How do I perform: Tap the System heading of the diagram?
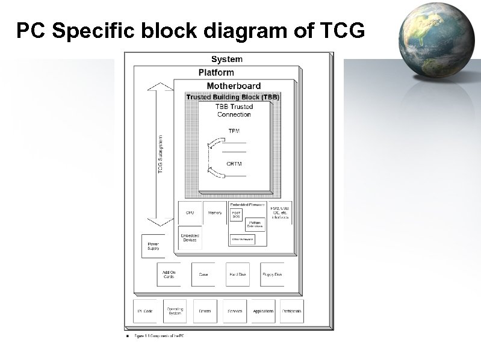227,59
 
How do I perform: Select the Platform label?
216,72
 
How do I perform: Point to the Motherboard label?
234,85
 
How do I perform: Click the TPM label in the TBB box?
234,131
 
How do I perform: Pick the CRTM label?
234,164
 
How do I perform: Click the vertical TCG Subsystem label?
161,155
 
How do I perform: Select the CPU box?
190,213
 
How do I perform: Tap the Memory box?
215,213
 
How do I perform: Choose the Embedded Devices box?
190,238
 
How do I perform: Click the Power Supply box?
153,246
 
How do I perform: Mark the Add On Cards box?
169,275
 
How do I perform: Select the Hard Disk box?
237,275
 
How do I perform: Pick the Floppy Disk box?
272,275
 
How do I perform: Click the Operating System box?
175,311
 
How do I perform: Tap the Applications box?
263,311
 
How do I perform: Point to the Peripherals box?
292,311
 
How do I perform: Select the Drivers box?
205,311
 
